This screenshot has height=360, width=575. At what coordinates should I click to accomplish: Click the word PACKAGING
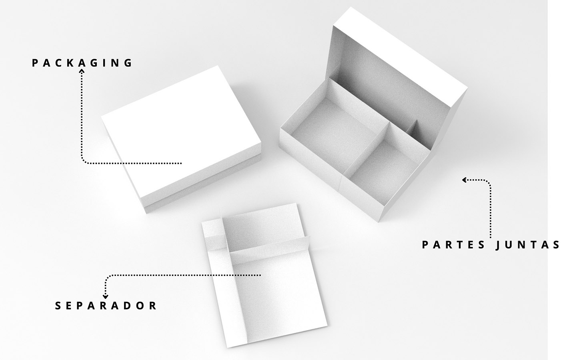coord(82,63)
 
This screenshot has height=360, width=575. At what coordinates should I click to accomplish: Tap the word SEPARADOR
coord(106,306)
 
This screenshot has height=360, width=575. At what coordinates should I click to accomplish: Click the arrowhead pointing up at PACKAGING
coord(82,71)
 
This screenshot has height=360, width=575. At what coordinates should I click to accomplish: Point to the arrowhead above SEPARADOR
coord(105,296)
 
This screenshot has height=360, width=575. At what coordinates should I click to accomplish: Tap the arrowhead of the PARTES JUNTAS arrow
coord(465,180)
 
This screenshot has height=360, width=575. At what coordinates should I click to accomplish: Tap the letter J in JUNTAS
coord(499,245)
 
